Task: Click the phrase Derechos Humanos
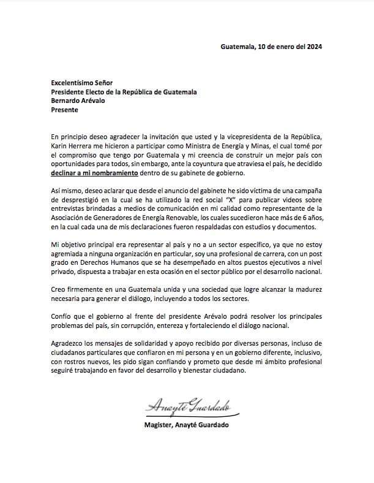tap(106, 264)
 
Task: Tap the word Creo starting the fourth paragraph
tap(59, 291)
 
